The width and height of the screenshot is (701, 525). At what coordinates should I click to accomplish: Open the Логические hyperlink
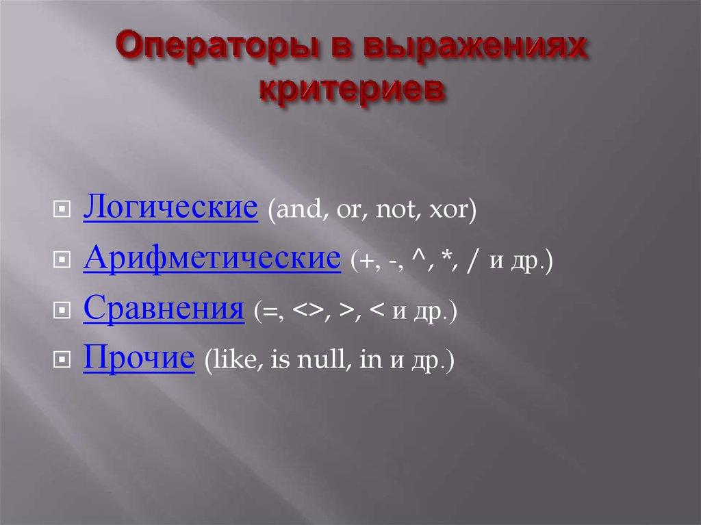click(x=170, y=207)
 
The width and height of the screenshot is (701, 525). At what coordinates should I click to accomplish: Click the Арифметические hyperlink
click(x=212, y=259)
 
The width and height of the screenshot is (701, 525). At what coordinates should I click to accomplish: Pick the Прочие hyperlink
click(x=138, y=359)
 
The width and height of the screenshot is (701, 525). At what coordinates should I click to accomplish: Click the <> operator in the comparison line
click(x=306, y=313)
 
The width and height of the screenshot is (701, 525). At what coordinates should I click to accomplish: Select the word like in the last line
click(x=231, y=361)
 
